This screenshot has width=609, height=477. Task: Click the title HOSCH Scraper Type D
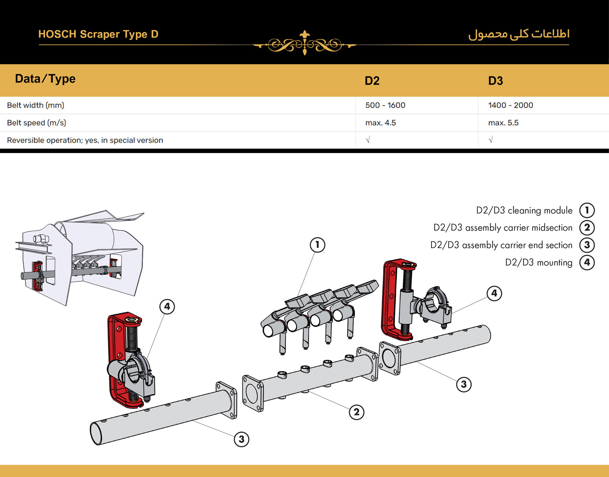pyautogui.click(x=98, y=34)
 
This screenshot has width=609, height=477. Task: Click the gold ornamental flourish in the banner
pyautogui.click(x=304, y=43)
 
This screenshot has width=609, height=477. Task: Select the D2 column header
pyautogui.click(x=372, y=81)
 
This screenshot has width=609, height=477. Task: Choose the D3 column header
pyautogui.click(x=495, y=81)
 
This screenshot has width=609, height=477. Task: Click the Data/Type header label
pyautogui.click(x=45, y=79)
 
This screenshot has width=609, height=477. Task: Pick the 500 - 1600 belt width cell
pyautogui.click(x=385, y=105)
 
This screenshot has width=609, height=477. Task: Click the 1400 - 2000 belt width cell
pyautogui.click(x=510, y=105)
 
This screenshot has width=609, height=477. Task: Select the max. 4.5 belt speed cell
pyautogui.click(x=380, y=123)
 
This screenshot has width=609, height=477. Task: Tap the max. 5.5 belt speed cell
pyautogui.click(x=503, y=123)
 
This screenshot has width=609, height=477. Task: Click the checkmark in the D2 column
pyautogui.click(x=368, y=140)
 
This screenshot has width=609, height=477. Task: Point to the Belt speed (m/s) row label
pyautogui.click(x=37, y=123)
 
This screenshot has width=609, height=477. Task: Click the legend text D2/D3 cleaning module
pyautogui.click(x=524, y=210)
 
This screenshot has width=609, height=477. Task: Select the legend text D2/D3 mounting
pyautogui.click(x=539, y=262)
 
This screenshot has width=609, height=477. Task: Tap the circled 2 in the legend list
pyautogui.click(x=587, y=228)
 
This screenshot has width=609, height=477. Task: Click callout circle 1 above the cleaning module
pyautogui.click(x=317, y=245)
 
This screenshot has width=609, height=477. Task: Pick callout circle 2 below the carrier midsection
pyautogui.click(x=356, y=412)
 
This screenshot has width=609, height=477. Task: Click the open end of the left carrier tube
pyautogui.click(x=96, y=433)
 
